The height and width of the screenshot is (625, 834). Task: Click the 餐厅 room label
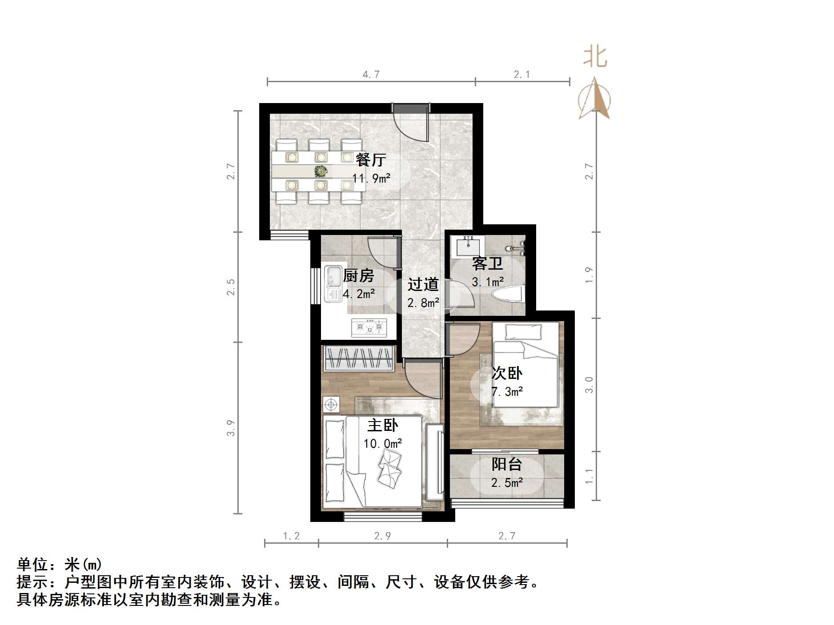point(371,159)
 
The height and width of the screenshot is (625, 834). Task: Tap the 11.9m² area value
point(371,179)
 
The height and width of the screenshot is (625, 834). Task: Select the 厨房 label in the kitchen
point(358,276)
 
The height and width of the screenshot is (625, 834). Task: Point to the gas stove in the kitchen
point(369,327)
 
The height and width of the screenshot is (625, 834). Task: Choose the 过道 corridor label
point(423,284)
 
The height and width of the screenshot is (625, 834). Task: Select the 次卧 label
point(507,373)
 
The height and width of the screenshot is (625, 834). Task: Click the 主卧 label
point(382,426)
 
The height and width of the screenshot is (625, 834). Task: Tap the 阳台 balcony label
point(507,465)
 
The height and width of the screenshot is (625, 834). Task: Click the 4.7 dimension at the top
point(371,75)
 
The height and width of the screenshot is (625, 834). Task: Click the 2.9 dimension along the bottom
point(382,536)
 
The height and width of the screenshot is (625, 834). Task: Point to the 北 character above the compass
point(595,57)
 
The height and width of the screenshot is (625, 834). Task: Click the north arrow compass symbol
point(594,100)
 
